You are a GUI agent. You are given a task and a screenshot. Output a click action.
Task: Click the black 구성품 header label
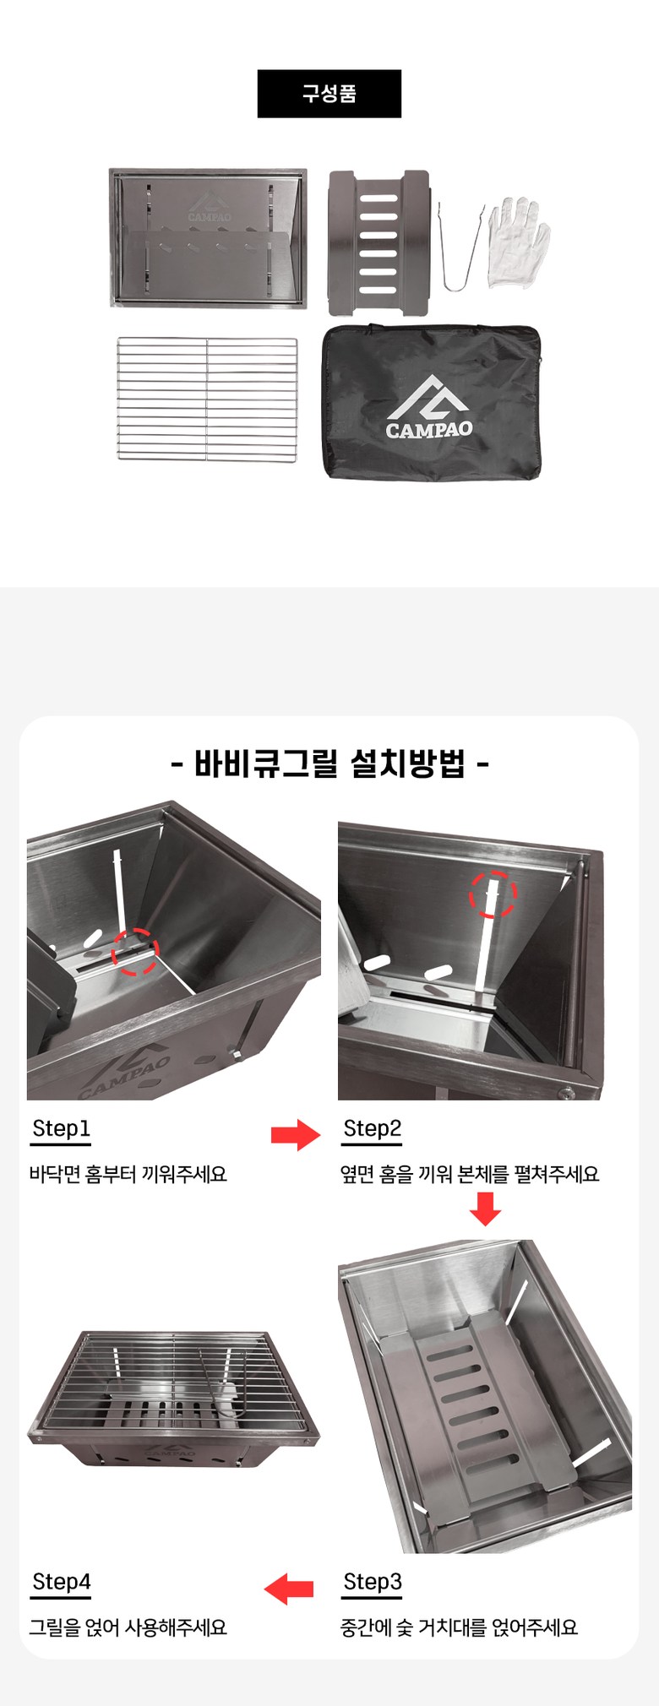(329, 94)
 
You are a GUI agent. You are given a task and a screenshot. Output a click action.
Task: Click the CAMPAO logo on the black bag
(429, 407)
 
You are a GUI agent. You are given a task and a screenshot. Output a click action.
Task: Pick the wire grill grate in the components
(207, 399)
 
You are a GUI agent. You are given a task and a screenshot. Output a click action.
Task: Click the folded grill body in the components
(208, 237)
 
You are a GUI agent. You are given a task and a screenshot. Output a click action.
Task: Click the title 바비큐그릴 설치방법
(329, 764)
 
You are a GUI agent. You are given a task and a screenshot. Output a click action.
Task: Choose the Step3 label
(372, 1582)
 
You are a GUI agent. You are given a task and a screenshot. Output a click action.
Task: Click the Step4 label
(61, 1582)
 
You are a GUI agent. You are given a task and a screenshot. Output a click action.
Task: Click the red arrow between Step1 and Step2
(296, 1135)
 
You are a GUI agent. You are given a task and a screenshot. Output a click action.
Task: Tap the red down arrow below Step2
(485, 1209)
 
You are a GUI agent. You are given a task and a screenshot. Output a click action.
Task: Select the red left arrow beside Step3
(289, 1589)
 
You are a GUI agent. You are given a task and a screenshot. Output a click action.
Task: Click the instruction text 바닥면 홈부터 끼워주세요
(128, 1174)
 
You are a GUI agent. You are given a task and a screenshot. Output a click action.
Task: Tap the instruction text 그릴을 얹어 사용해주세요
(128, 1627)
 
